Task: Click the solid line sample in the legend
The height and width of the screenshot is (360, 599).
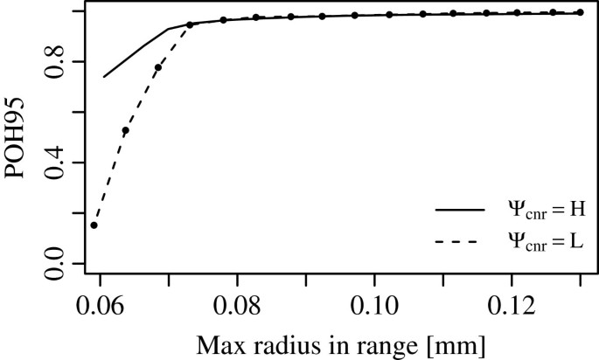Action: [x=459, y=211]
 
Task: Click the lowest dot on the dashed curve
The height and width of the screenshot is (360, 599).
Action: [x=94, y=225]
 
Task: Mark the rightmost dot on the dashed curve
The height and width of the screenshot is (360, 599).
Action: [x=579, y=12]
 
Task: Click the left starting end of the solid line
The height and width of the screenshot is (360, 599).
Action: [x=104, y=77]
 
